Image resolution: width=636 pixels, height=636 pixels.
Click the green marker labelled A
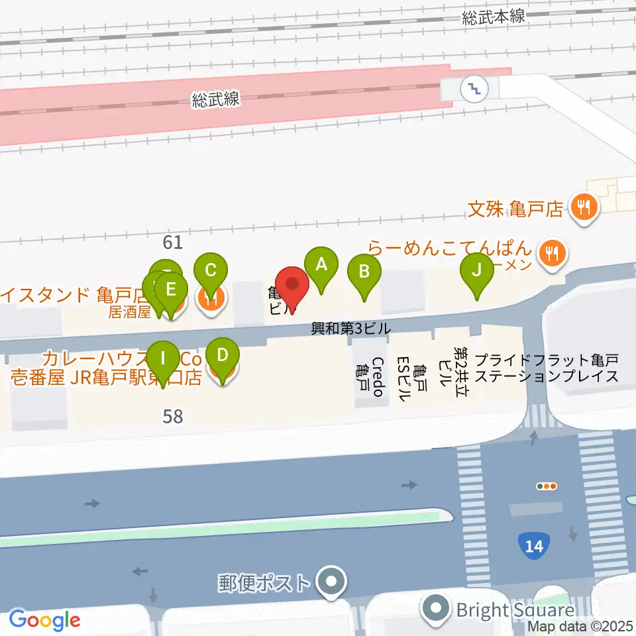tap(321, 266)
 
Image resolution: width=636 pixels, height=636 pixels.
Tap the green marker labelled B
tap(364, 272)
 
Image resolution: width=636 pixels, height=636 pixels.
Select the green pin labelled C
tap(211, 272)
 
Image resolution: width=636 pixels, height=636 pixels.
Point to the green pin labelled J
tap(476, 272)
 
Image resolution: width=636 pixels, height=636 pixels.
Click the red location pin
tap(291, 286)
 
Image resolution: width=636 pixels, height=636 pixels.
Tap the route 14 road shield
tap(535, 546)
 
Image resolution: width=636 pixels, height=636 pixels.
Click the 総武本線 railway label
tap(494, 18)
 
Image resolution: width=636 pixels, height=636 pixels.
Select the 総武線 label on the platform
tap(216, 100)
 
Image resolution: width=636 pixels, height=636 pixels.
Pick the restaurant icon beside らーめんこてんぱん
tap(551, 252)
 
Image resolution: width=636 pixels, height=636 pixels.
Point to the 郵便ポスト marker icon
tap(331, 584)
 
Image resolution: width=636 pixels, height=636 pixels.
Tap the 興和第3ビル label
tap(351, 328)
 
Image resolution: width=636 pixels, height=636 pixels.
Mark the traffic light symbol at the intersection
tap(547, 486)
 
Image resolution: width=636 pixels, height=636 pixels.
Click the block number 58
tap(172, 417)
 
